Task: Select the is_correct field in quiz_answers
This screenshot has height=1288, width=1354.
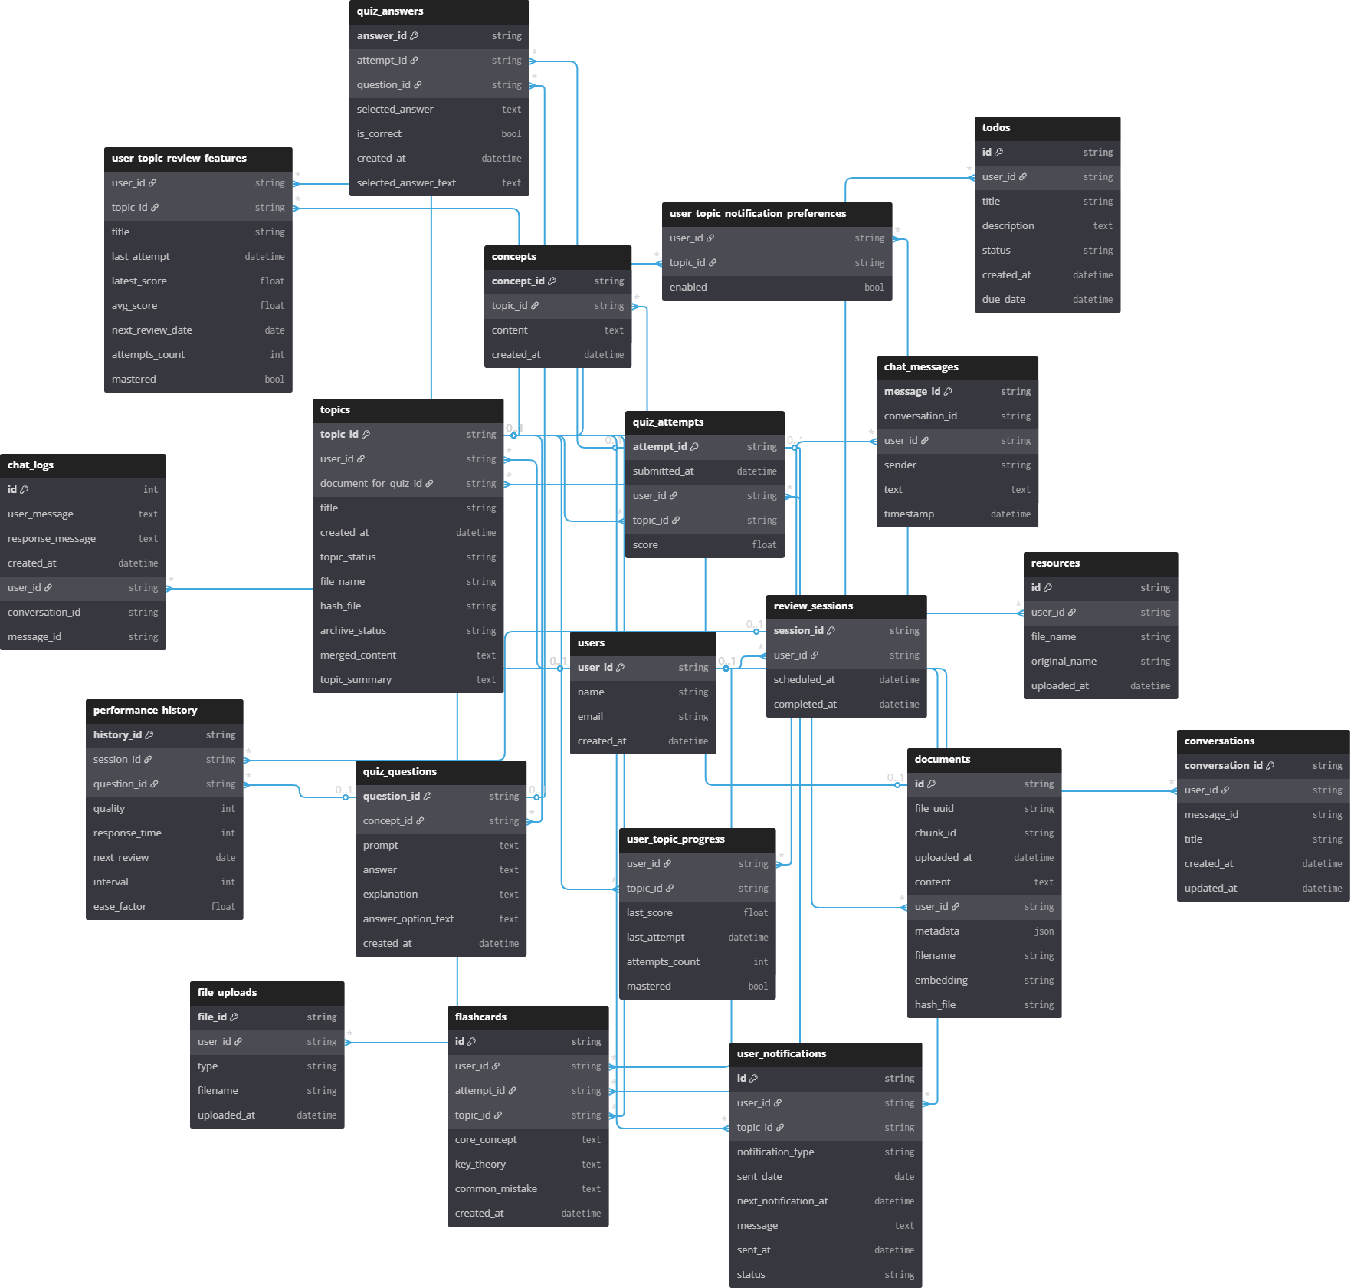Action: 379,134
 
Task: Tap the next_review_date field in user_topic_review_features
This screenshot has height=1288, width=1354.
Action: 152,330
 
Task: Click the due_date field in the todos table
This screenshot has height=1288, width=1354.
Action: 1004,300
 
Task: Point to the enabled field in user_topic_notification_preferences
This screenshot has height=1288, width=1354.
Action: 688,287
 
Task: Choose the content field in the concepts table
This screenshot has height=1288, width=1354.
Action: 510,330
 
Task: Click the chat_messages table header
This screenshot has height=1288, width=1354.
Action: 921,367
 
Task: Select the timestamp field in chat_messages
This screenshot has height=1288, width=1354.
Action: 909,514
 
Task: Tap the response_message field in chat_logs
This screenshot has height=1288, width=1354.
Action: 51,539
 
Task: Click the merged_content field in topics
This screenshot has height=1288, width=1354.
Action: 358,655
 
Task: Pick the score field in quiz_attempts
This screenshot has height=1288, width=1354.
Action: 645,545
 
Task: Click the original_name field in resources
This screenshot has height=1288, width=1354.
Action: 1064,662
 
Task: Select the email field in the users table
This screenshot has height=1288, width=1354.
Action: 590,717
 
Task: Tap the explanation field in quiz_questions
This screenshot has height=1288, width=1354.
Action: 390,895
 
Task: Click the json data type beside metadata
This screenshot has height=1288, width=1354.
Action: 1044,932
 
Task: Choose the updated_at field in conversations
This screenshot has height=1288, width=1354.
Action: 1211,889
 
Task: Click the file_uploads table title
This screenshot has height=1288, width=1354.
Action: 227,993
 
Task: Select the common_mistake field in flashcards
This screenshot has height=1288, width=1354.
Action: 496,1189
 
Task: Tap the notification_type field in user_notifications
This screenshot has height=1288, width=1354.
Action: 775,1152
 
